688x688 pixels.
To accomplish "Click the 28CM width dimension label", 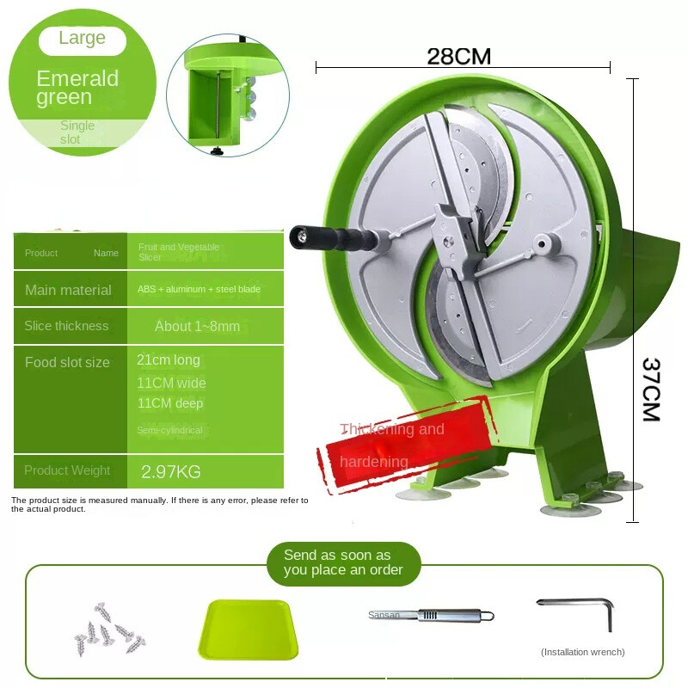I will coord(458,57).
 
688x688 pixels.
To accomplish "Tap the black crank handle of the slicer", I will coord(335,236).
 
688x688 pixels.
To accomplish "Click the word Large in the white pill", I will coord(83,39).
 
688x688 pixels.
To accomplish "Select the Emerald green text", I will coord(77,88).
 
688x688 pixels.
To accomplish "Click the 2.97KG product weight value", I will coord(170,471).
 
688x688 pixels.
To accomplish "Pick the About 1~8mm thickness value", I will coord(197,327).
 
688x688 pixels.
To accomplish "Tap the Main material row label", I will coord(68,291).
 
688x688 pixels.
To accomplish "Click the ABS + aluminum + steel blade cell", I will coord(199,290).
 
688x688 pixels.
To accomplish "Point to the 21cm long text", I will coord(169,360).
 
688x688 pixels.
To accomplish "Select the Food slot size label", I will coord(67,363).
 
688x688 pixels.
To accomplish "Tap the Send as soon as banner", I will coord(343,562).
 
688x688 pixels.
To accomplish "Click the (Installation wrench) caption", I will coord(582,652).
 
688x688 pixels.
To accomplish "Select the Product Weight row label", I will coord(67,470).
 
